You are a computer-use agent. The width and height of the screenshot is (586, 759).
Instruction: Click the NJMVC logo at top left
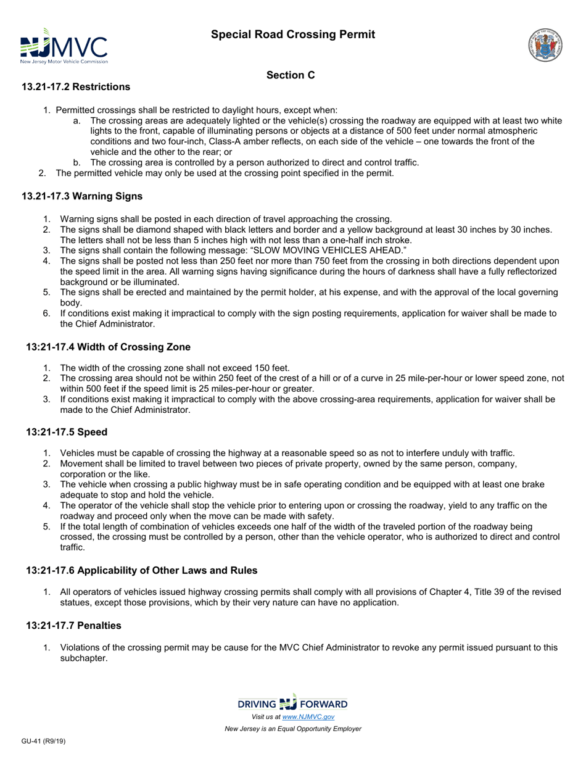64,46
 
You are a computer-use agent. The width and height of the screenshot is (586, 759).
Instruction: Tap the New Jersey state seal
545,45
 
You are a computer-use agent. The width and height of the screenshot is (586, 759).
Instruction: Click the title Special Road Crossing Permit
293,35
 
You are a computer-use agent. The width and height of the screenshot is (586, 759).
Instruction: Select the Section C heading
291,75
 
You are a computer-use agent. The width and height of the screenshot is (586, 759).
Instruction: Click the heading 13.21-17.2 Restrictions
76,86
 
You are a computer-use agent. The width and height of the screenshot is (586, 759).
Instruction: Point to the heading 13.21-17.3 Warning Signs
82,196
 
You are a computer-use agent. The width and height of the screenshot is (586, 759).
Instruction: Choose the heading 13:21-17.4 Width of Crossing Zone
108,347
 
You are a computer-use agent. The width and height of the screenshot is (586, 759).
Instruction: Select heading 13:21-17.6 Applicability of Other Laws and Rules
141,571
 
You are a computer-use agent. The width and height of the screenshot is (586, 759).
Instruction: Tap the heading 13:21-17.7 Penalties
73,626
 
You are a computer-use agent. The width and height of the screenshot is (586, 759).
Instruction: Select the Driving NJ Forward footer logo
292,703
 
